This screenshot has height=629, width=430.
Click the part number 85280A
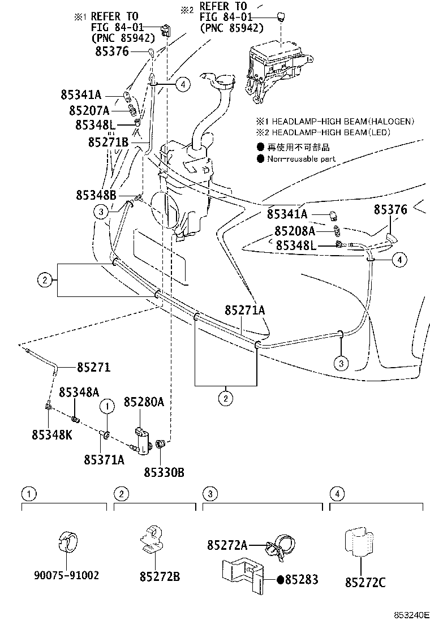point(144,402)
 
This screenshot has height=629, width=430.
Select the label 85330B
point(164,472)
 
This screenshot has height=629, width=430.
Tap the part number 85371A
point(104,459)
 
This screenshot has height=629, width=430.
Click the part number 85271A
point(245,310)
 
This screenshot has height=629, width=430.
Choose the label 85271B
point(108,142)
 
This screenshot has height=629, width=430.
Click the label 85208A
point(295,231)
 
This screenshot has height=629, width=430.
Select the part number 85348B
point(96,195)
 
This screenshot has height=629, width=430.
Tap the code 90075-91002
point(67,575)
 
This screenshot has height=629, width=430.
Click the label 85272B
point(160,576)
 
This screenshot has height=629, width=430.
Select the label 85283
point(301,579)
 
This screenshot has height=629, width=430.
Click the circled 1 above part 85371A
point(107,405)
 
